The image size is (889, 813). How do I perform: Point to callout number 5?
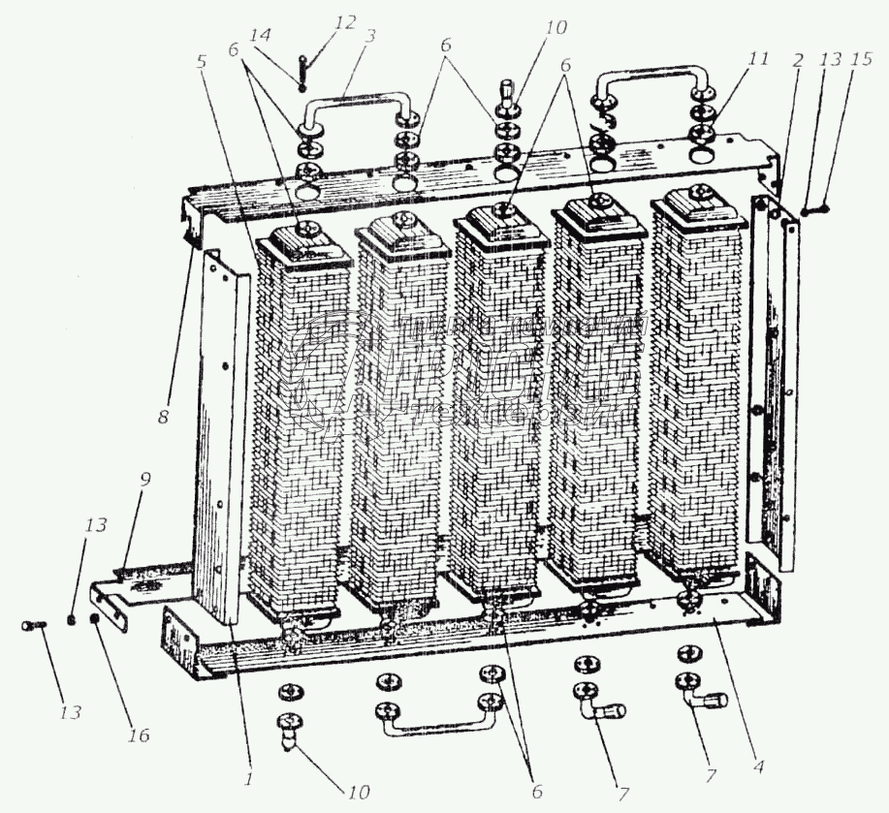tap(202, 60)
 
